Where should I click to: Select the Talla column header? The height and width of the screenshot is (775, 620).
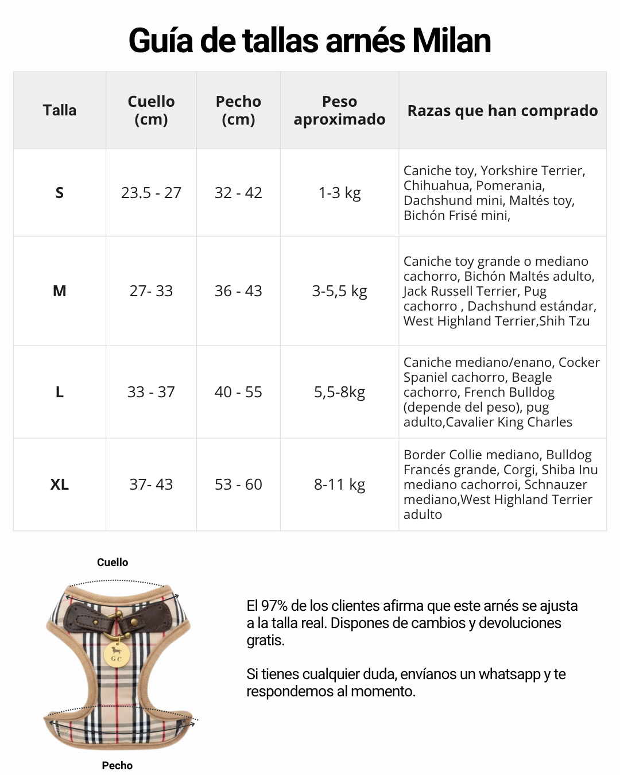coord(59,110)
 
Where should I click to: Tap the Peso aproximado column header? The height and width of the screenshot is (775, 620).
coord(339,110)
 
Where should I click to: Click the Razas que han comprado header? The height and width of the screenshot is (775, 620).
coord(502,110)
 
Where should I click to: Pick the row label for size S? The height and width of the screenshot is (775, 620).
coord(59,193)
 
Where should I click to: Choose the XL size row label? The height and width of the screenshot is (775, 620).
coord(59,485)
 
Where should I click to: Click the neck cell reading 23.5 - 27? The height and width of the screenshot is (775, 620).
coord(151,193)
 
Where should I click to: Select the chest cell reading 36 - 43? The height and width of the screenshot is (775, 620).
coord(238,291)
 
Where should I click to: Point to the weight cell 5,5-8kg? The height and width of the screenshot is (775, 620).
coord(339,392)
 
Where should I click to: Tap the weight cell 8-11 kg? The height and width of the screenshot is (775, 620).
coord(339,485)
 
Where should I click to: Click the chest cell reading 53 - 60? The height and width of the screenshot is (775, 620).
coord(238,485)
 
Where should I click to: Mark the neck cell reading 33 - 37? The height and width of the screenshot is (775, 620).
coord(151,392)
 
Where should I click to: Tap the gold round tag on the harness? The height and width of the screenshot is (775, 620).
coord(117,655)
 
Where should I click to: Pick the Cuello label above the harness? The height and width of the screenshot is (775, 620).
coord(113,563)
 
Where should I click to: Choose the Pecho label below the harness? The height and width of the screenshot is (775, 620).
coord(117,765)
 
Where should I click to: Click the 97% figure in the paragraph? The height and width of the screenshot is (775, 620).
coord(274,606)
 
